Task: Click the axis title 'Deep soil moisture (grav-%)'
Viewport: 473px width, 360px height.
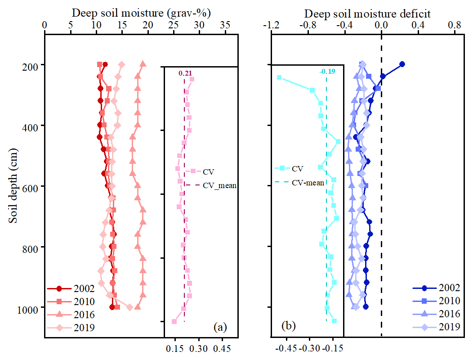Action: [141, 14]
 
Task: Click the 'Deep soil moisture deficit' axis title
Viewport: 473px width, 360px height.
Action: [367, 14]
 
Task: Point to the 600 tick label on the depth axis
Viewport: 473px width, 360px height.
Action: [32, 186]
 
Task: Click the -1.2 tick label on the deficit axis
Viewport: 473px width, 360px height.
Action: [271, 26]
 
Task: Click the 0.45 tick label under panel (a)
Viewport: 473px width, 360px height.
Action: [222, 348]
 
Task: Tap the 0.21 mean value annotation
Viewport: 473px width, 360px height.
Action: [185, 73]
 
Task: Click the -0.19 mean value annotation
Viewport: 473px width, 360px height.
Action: [326, 71]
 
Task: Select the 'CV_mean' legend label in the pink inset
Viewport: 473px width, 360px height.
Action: [219, 184]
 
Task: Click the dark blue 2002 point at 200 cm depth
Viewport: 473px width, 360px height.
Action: [402, 64]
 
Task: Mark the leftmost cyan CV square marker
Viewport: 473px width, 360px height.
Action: [279, 77]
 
